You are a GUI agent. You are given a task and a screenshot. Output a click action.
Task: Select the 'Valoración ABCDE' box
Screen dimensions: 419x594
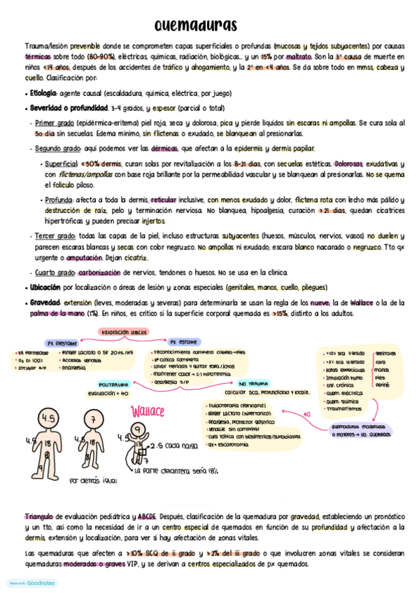125,330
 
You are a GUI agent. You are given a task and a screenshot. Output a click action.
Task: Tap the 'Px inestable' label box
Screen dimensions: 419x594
62,343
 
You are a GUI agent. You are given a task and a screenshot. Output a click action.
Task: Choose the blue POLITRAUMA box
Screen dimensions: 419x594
113,384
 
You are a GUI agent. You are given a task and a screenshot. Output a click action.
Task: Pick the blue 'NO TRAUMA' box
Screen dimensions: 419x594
253,385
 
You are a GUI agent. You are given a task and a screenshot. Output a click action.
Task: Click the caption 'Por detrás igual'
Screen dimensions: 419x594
94,481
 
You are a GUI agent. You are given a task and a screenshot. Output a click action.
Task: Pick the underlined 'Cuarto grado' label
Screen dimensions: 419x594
56,272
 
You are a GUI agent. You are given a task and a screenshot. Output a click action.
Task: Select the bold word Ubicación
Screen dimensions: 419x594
45,287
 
